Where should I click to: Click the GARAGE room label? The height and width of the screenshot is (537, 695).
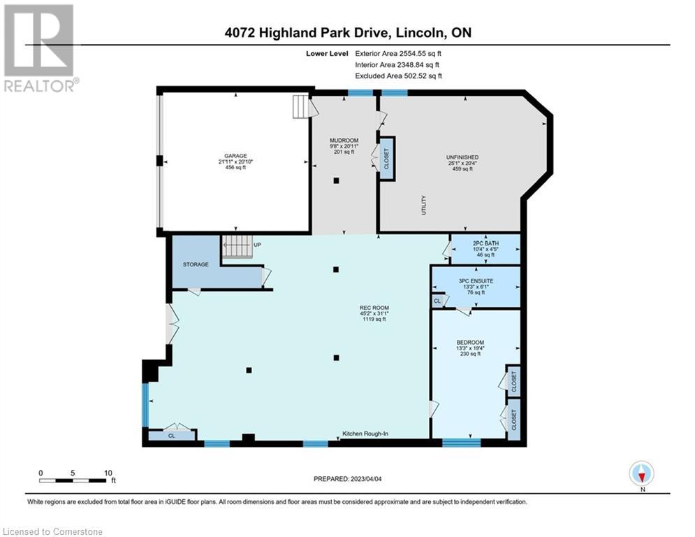point(235,156)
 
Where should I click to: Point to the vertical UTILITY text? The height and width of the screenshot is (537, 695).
point(424,206)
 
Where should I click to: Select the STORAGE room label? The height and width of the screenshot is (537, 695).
point(196,265)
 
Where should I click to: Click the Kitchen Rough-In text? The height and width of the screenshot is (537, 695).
point(365,435)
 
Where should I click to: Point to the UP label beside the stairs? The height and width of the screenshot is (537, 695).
point(257,245)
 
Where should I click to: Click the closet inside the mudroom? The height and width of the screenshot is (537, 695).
point(387,155)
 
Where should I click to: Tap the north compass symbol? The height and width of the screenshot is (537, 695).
point(641,474)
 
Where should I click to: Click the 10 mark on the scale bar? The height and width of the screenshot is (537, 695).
point(108,473)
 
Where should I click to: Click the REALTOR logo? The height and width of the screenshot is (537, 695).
point(39,48)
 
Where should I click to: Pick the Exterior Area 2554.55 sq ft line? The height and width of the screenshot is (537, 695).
point(398,52)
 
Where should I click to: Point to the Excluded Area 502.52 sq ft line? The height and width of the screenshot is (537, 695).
point(398,76)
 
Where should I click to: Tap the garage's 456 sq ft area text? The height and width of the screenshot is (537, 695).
point(235,168)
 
